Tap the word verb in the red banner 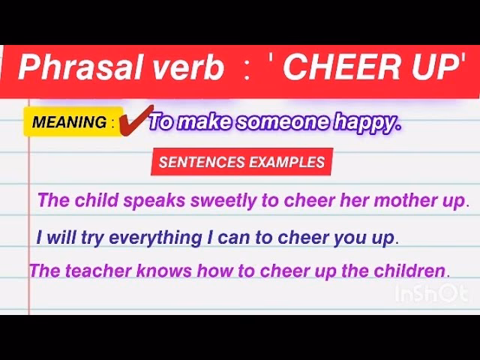tap(185, 69)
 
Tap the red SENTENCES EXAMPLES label tap(241, 162)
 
